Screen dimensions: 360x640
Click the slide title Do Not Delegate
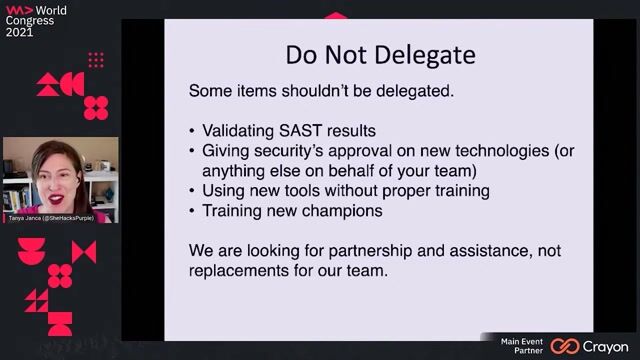coord(380,52)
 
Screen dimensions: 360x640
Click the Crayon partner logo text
coord(604,346)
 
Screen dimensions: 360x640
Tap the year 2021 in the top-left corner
coord(19,32)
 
